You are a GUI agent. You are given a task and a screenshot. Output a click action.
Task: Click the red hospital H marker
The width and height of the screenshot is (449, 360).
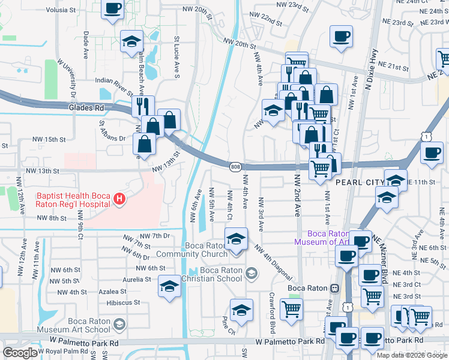pyautogui.click(x=120, y=199)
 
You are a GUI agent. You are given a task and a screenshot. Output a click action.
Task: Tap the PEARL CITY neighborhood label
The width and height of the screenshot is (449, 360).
pyautogui.click(x=359, y=182)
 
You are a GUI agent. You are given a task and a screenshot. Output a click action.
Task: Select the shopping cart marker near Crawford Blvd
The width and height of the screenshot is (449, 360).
pyautogui.click(x=291, y=310)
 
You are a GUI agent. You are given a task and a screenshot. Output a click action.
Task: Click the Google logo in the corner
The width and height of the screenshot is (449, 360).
pyautogui.click(x=20, y=353)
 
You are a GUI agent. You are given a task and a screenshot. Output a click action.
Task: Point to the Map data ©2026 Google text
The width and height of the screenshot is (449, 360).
pyautogui.click(x=412, y=355)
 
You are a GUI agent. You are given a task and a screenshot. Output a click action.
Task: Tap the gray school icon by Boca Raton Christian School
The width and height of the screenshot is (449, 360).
pyautogui.click(x=251, y=274)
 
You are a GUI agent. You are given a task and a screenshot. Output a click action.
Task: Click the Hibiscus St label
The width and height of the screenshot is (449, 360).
pyautogui.click(x=123, y=303)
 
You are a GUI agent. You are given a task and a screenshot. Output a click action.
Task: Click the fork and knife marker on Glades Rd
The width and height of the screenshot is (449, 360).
pyautogui.click(x=143, y=106)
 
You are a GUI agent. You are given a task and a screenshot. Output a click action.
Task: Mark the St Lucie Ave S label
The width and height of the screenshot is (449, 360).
pyautogui.click(x=177, y=57)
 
